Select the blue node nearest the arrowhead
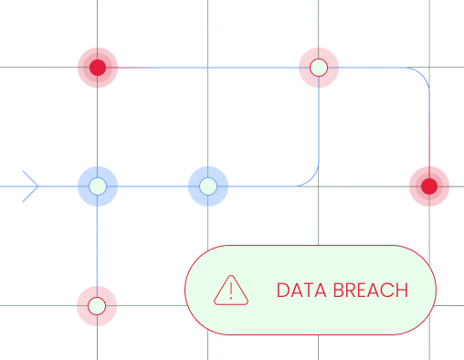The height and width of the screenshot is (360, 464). [x=98, y=186]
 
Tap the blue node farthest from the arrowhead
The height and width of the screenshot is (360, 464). [x=208, y=186]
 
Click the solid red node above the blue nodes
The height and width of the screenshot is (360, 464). [x=98, y=67]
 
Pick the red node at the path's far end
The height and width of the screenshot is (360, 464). [x=428, y=186]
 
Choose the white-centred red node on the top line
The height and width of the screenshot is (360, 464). [x=319, y=67]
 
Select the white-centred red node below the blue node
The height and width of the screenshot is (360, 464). [x=97, y=306]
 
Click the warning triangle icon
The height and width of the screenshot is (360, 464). [x=231, y=290]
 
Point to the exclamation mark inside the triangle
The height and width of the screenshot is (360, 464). [x=231, y=291]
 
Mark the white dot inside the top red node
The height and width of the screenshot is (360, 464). [x=319, y=67]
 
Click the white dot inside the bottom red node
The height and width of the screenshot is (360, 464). [x=97, y=306]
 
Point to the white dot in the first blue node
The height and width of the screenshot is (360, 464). [x=98, y=186]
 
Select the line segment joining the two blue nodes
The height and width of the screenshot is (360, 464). [x=153, y=186]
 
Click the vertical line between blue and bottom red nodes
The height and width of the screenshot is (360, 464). [x=97, y=247]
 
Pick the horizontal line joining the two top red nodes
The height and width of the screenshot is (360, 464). [x=208, y=67]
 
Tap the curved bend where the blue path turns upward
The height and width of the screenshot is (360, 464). [x=311, y=179]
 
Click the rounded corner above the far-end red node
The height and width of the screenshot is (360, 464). [x=421, y=74]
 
